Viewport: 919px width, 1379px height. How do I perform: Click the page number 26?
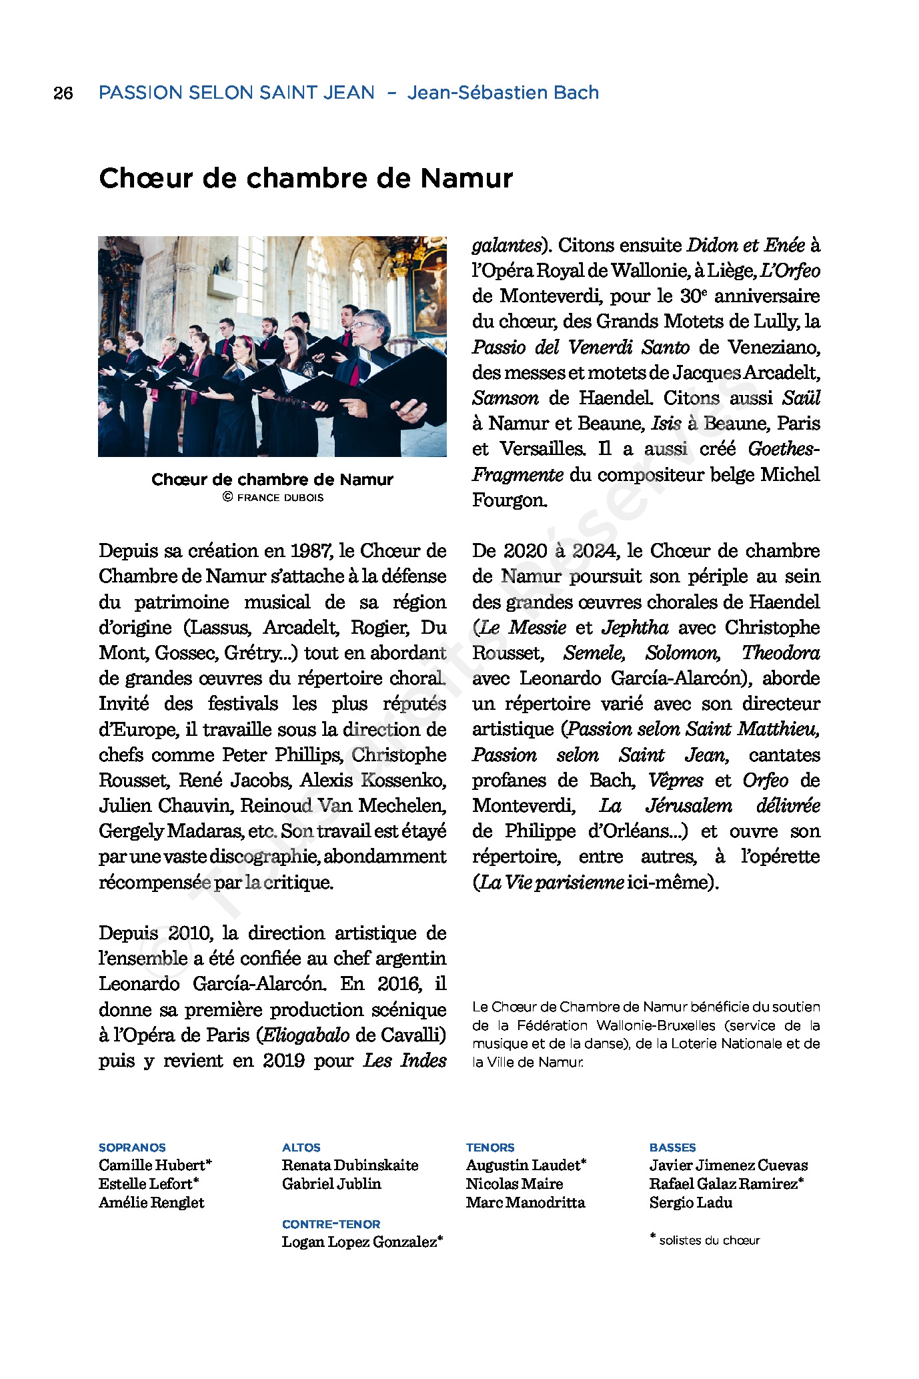63,93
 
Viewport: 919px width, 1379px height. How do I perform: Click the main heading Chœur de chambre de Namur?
305,178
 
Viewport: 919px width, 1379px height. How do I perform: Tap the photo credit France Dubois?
279,498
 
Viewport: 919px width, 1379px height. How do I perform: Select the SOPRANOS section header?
132,1147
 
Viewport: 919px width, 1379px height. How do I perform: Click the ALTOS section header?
301,1147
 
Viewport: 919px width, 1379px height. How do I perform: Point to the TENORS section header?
490,1147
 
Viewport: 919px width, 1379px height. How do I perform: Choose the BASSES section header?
672,1147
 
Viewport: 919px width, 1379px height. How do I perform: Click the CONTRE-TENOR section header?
331,1224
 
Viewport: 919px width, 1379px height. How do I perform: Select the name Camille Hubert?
152,1166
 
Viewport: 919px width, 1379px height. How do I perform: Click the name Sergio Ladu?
690,1203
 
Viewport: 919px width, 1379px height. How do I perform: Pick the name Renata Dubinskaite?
350,1166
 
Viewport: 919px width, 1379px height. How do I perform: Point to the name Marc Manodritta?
526,1203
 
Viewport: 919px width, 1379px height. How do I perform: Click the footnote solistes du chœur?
709,1241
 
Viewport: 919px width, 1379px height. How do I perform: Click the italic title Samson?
505,398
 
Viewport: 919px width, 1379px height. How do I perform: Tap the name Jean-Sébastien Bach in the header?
503,93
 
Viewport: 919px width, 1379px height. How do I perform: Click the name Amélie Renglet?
151,1203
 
